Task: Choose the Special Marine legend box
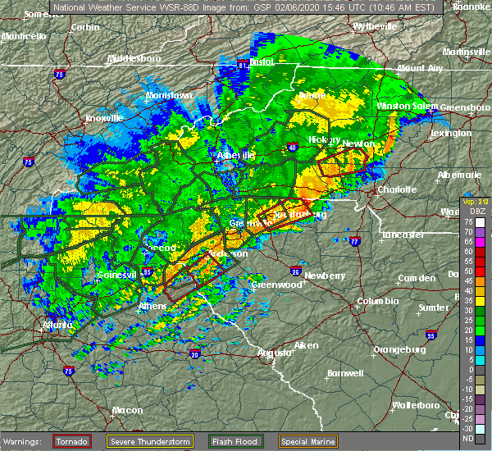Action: [307, 441]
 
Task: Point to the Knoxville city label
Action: [102, 117]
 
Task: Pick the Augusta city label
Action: [274, 353]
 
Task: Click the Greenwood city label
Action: [275, 285]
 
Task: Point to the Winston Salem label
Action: [408, 107]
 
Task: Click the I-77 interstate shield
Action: [354, 242]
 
